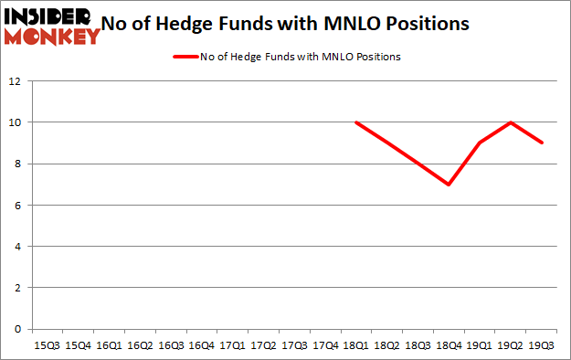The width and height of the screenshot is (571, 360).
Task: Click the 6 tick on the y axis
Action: pos(16,206)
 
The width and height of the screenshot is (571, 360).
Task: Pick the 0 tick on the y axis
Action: pos(16,329)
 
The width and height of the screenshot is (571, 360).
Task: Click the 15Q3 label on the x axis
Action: pos(47,345)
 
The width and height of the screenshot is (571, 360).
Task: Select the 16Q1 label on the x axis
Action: pos(108,345)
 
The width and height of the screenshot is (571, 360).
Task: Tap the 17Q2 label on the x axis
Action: pos(262,345)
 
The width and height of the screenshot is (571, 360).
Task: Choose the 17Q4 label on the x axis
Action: pos(324,345)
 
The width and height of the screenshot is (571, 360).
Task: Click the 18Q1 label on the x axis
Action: pos(355,345)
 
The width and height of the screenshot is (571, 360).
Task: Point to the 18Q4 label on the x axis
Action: pos(448,345)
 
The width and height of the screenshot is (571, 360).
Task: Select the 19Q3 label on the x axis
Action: pos(541,345)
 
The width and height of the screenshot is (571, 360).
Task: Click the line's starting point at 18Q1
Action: pos(355,122)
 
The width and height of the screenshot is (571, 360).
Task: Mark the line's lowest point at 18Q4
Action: pos(448,185)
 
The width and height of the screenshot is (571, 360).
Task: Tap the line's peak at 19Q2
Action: pos(510,122)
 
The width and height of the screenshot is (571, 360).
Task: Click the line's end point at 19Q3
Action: pos(541,143)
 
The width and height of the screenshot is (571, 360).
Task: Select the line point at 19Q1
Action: pos(479,143)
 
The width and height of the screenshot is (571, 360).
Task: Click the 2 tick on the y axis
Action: pos(16,288)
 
